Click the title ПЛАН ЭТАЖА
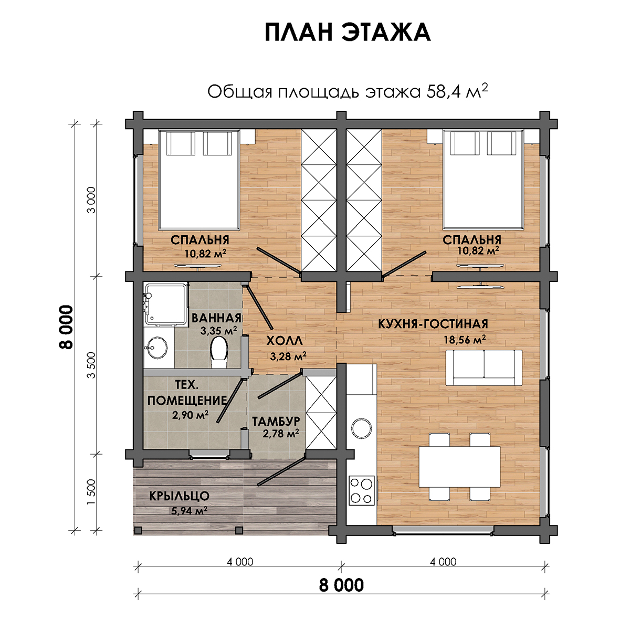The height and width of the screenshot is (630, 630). [x=347, y=33]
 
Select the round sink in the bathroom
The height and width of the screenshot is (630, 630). [x=157, y=348]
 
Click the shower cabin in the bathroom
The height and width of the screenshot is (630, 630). [x=166, y=304]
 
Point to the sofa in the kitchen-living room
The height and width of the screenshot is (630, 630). [x=484, y=368]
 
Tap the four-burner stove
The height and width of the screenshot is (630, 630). [x=361, y=490]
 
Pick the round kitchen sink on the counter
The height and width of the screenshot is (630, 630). [x=361, y=427]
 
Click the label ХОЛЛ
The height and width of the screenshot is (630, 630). [x=285, y=341]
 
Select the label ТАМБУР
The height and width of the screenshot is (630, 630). [x=276, y=422]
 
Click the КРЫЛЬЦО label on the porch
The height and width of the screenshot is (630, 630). [x=179, y=496]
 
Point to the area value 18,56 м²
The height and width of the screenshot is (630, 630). [x=464, y=340]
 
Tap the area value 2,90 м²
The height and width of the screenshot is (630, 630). [x=191, y=415]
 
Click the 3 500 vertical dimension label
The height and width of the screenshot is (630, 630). [x=92, y=365]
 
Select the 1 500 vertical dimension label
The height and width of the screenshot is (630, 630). [x=92, y=492]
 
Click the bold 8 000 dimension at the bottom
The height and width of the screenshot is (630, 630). [x=341, y=585]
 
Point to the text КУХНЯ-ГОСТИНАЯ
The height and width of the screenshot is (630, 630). [x=433, y=324]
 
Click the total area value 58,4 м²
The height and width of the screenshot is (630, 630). [x=457, y=91]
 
